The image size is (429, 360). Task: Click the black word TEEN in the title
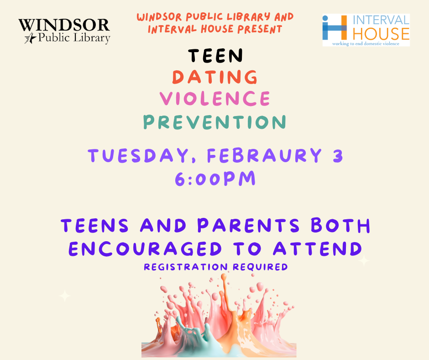point(215,55)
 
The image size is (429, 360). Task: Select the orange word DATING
point(214,77)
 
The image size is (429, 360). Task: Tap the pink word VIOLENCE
point(214,98)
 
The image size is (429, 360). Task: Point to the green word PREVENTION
point(214,122)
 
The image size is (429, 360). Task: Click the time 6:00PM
point(215,179)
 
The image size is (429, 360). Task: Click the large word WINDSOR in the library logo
point(64,25)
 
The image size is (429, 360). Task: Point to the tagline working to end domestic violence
point(366,43)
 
